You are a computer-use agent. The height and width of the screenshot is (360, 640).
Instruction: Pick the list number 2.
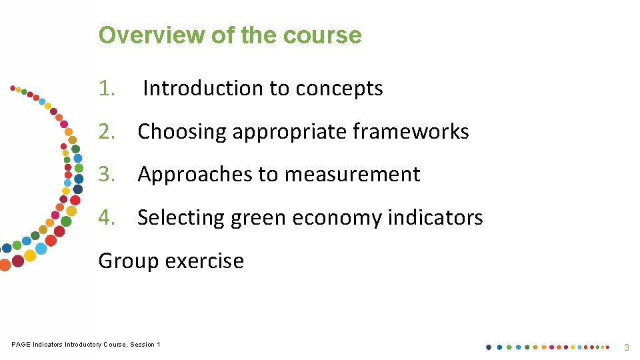107,132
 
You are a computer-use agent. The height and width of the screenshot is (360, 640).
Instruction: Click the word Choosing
181,132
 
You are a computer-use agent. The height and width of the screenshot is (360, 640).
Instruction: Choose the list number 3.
107,175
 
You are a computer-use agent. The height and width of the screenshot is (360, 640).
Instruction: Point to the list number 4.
107,218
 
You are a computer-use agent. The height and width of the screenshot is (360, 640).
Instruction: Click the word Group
129,261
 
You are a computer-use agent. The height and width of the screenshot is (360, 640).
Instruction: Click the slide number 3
626,347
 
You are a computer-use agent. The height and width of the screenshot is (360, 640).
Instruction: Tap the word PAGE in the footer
21,345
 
